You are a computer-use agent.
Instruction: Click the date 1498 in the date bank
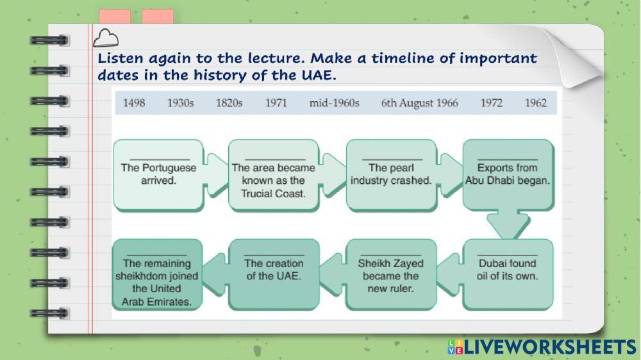click(x=134, y=102)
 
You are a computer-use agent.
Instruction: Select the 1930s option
click(x=180, y=102)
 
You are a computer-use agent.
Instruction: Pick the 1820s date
click(x=229, y=102)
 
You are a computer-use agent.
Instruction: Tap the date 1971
click(x=276, y=102)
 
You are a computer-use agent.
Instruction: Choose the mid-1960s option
click(x=334, y=102)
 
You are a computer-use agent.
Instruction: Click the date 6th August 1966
click(x=419, y=102)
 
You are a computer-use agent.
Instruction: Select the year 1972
click(x=491, y=102)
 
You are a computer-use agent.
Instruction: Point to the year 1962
click(x=535, y=102)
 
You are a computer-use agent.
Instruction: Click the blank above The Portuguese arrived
click(x=160, y=159)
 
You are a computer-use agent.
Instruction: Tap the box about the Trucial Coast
click(x=273, y=176)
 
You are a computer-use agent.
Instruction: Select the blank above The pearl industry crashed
click(x=392, y=159)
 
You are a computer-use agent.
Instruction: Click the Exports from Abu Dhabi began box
click(x=508, y=174)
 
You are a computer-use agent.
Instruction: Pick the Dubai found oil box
click(x=508, y=275)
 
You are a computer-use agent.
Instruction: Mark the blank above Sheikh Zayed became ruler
click(x=391, y=255)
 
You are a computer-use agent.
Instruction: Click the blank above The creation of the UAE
click(x=274, y=255)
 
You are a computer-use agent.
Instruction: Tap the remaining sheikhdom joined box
click(x=157, y=275)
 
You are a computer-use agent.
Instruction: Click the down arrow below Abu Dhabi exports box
click(x=508, y=225)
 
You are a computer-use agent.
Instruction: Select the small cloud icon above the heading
click(x=106, y=38)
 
